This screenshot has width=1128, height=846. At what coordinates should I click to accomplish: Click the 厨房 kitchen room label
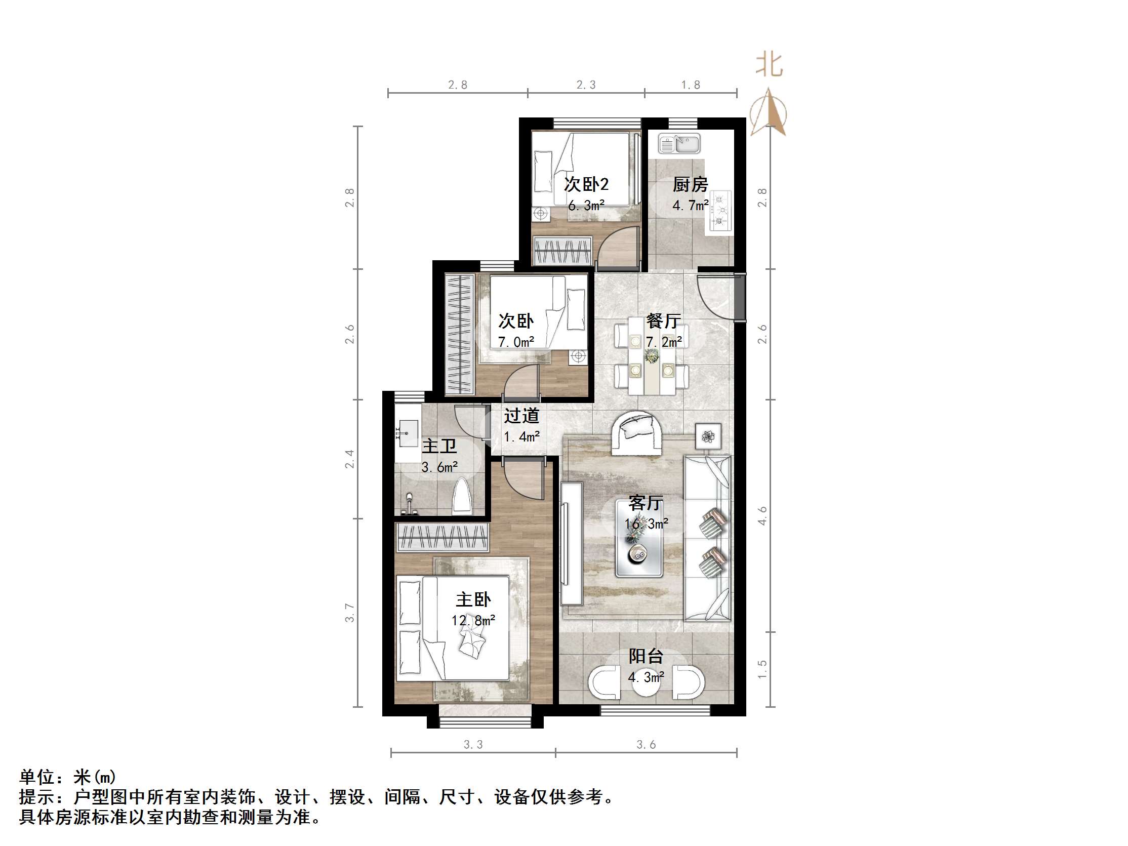[690, 184]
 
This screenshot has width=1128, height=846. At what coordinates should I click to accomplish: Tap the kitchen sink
[679, 144]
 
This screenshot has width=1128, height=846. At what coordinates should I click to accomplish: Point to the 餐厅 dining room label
[663, 321]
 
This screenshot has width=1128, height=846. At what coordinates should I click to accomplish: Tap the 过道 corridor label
[521, 416]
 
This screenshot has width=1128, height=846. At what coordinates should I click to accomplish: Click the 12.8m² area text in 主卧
[473, 621]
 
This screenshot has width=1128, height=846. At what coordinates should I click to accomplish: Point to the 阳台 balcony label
[646, 656]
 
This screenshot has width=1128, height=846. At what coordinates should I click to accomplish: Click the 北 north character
[769, 65]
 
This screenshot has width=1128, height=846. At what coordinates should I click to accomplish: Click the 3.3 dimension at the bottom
[473, 745]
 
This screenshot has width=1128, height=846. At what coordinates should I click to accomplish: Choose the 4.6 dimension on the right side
[762, 515]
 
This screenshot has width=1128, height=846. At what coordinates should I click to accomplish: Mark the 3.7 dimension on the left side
[349, 612]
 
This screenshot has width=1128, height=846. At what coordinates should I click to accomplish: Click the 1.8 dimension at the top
[691, 85]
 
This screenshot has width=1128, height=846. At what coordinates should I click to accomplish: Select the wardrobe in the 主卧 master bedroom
[442, 538]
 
